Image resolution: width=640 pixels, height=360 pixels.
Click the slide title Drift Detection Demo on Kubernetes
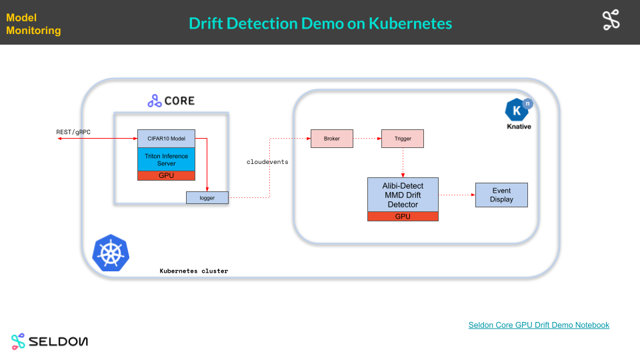coord(320,23)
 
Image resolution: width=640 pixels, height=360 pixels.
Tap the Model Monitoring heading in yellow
coord(33,24)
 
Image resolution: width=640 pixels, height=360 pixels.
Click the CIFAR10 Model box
coord(166,138)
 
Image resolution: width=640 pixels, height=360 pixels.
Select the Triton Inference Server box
coord(166,159)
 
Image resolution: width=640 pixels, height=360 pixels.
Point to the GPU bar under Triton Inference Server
coord(166,175)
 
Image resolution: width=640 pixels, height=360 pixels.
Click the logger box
coord(207,197)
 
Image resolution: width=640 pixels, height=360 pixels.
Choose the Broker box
coord(331,139)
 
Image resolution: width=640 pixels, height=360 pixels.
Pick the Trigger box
coord(402,139)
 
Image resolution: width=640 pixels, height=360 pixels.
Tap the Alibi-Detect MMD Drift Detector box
coord(403,194)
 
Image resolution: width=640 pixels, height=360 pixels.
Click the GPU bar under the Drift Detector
coord(403,216)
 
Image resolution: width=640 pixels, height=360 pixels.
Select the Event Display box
coord(501,195)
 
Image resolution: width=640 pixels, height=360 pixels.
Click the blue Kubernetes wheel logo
coord(111,253)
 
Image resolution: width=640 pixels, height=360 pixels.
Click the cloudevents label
coord(267,162)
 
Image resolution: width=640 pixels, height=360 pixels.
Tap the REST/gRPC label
coord(73,132)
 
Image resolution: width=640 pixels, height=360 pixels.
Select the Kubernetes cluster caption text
coord(194,271)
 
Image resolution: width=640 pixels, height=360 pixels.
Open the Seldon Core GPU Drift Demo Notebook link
coord(539,325)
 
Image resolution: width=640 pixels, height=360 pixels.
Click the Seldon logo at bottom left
coord(49,341)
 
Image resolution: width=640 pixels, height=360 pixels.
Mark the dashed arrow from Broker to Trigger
coord(366,139)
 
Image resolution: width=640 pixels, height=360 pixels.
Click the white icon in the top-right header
coord(611,21)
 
